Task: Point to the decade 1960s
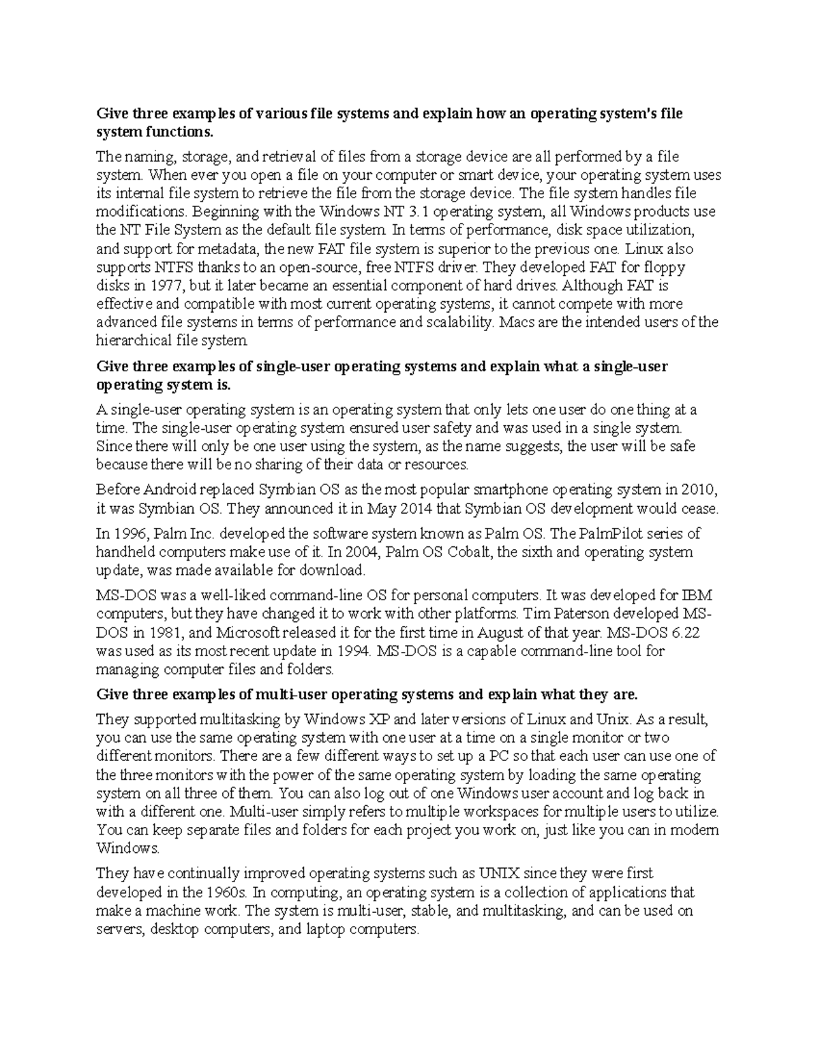[225, 892]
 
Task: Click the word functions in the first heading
[183, 131]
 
